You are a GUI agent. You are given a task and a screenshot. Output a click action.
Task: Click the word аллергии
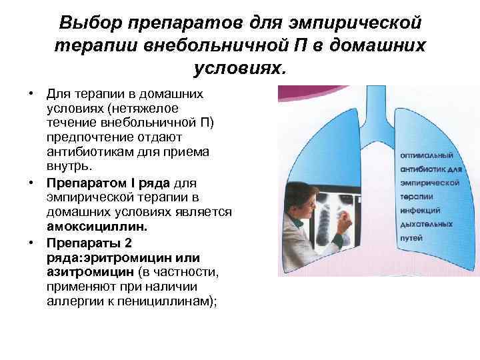pyautogui.click(x=73, y=301)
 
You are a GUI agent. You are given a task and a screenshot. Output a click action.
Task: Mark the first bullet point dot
pyautogui.click(x=31, y=94)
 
